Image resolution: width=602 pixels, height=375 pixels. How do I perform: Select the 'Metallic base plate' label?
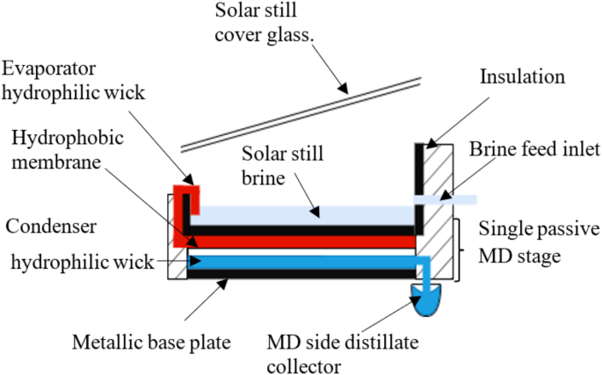(150, 341)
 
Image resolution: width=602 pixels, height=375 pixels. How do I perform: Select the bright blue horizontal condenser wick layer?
(299, 261)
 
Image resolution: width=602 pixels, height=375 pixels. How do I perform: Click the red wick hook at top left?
(186, 197)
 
